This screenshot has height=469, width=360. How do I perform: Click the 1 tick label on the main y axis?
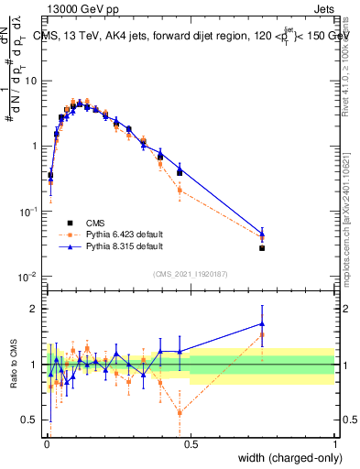35,146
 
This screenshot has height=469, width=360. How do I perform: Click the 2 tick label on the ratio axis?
35,309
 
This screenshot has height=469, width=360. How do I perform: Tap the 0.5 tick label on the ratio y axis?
31,420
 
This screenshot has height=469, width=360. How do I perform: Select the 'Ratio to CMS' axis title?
12,364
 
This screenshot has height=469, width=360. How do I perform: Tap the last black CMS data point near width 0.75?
262,248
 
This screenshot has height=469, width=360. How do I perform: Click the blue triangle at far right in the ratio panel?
262,323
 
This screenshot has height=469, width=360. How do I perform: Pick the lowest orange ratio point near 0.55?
180,413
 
